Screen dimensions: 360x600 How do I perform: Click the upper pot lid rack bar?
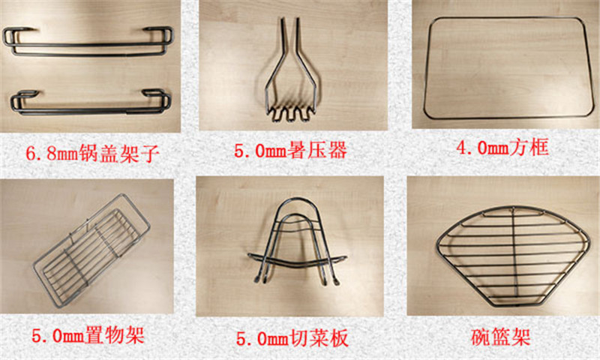pyautogui.click(x=88, y=46)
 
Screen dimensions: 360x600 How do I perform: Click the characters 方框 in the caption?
pyautogui.click(x=532, y=147)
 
